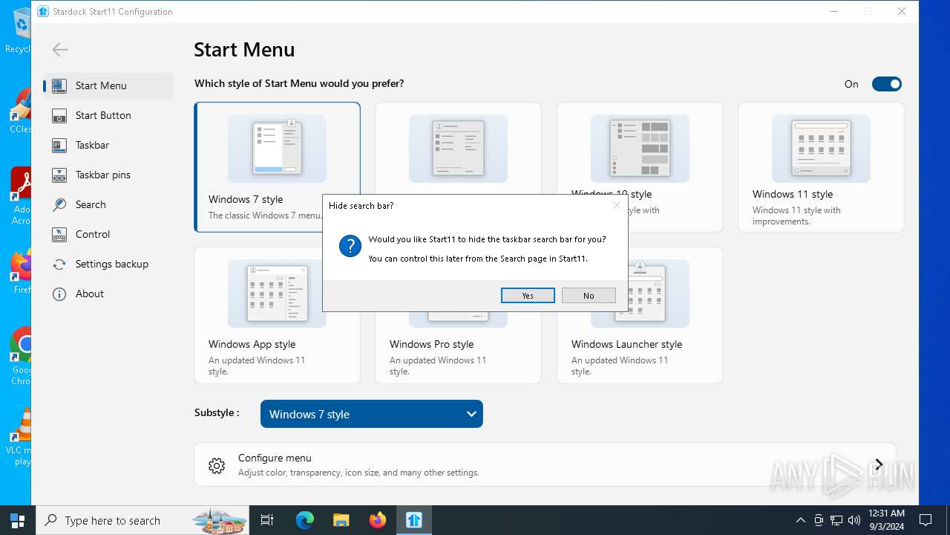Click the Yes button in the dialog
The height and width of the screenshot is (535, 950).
click(x=528, y=296)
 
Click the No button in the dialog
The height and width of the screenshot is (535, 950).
click(x=589, y=296)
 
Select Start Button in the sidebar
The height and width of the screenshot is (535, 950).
click(x=103, y=115)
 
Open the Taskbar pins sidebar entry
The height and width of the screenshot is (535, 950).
click(x=102, y=175)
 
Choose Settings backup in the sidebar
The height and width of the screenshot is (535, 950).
click(x=111, y=264)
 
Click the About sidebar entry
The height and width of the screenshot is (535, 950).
click(x=89, y=294)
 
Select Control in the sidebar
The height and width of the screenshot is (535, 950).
click(x=92, y=234)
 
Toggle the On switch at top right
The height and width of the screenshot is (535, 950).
click(x=886, y=84)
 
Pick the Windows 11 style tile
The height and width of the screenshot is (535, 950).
click(x=821, y=166)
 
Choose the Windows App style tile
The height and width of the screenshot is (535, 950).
click(x=277, y=315)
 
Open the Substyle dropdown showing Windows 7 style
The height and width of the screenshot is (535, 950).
click(x=371, y=414)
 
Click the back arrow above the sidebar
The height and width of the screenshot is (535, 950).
click(x=60, y=50)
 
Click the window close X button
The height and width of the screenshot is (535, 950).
click(x=902, y=11)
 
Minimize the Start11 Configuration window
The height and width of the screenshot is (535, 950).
click(x=834, y=11)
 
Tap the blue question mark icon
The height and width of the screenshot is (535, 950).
click(x=350, y=246)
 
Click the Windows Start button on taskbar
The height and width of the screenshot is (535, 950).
click(x=18, y=520)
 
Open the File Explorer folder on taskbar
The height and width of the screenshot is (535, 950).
click(x=341, y=520)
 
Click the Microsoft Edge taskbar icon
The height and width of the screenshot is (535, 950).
click(x=305, y=520)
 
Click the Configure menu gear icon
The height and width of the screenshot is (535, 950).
click(x=217, y=466)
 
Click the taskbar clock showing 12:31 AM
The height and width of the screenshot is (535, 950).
click(x=886, y=519)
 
